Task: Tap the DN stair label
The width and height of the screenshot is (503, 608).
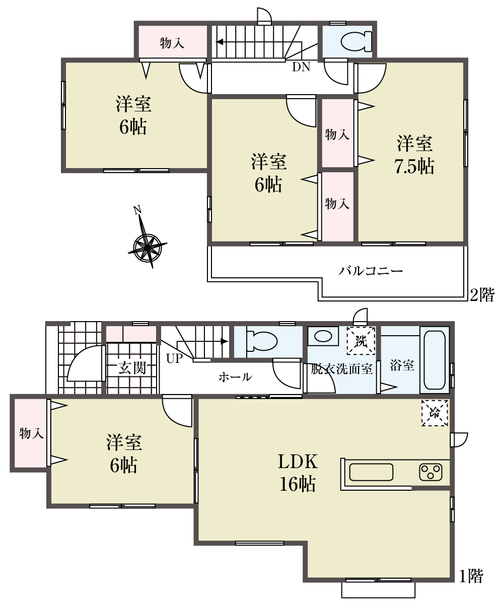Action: [x=301, y=67]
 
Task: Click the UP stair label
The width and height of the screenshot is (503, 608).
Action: [x=174, y=358]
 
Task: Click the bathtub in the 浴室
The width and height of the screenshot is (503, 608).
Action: [x=434, y=360]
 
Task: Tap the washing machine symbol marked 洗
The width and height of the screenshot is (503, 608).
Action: [x=361, y=340]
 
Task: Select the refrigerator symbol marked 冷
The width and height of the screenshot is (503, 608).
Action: [x=434, y=413]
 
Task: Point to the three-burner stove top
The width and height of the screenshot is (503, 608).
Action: [x=430, y=472]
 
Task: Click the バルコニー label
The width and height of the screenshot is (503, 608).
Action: [x=370, y=271]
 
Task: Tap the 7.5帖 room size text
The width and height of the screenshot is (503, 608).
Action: [x=414, y=166]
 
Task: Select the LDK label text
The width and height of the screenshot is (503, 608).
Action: [x=298, y=462]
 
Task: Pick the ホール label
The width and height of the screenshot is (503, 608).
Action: [x=235, y=377]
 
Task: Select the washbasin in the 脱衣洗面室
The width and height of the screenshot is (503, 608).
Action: [x=323, y=336]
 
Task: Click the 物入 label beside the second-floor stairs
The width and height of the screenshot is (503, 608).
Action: [x=172, y=43]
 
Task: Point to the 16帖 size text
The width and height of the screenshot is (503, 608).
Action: [x=298, y=484]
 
